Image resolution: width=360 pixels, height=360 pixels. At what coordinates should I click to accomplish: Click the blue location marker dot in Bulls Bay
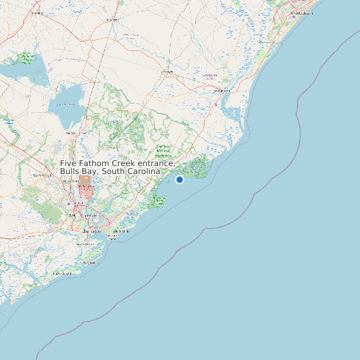(x=179, y=179)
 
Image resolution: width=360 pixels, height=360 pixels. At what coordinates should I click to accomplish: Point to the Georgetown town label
(x=211, y=76)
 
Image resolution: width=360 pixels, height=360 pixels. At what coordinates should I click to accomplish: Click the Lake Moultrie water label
(x=66, y=104)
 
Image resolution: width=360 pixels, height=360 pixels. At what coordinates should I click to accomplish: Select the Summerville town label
(x=44, y=175)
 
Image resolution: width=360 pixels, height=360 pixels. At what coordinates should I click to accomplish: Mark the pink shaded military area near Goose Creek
(x=86, y=185)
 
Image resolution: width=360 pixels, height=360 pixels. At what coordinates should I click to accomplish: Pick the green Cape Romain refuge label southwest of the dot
(x=159, y=199)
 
